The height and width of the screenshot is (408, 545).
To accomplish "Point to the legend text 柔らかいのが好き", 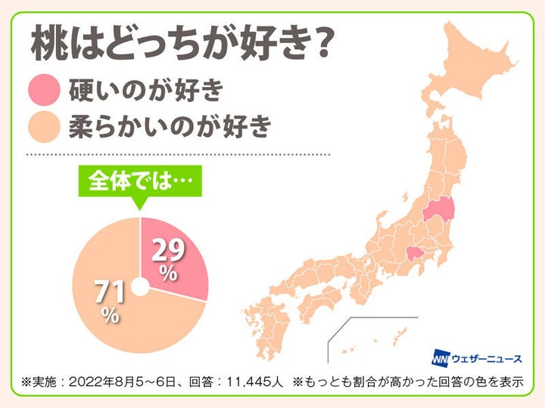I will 169,126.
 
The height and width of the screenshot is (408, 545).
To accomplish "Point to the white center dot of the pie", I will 139,286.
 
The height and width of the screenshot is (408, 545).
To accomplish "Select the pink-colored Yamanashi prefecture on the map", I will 413,256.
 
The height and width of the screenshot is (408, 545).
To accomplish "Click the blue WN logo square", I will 442,356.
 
